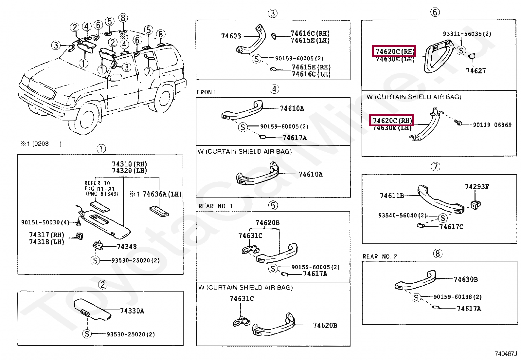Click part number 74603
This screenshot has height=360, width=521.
point(231,36)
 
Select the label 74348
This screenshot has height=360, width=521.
point(127,247)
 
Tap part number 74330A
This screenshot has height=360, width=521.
point(132,311)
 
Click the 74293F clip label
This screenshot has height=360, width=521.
point(477,187)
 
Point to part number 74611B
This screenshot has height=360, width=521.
point(392,196)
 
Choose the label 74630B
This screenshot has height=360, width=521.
point(465,279)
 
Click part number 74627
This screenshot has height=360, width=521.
point(476,71)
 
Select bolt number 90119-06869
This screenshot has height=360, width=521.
point(492,125)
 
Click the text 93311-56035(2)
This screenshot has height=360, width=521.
point(467,34)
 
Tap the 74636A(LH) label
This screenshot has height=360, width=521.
point(162,194)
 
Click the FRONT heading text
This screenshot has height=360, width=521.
point(206,92)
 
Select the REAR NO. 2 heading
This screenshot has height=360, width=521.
point(380,256)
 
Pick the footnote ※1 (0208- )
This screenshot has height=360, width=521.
point(41,143)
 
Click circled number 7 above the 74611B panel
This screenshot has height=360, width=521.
point(435,167)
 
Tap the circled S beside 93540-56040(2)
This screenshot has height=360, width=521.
point(442,218)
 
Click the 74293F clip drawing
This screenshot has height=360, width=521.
point(475,204)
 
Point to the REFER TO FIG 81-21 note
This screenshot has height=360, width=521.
point(100,188)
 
